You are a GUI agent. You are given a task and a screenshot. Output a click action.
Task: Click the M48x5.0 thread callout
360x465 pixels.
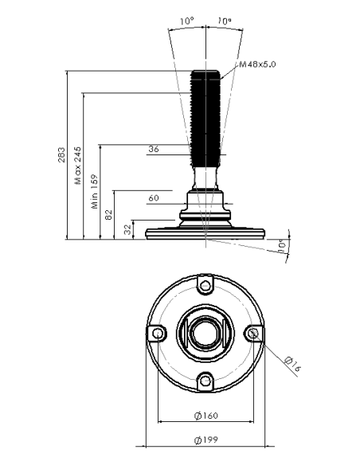point(257,64)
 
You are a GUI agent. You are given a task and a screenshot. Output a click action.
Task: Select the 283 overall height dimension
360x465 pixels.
point(61,154)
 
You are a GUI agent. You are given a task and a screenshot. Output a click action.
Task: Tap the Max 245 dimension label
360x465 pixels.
point(78,165)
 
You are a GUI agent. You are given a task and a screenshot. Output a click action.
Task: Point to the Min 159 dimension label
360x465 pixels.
point(94,191)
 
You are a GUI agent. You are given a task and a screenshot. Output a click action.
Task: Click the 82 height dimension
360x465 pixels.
point(109,214)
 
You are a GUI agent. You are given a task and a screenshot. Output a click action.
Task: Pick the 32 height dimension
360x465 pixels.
point(127,229)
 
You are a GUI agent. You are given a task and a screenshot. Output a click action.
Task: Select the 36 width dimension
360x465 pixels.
point(154,149)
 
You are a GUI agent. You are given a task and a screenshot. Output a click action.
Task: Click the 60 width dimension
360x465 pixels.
point(154,197)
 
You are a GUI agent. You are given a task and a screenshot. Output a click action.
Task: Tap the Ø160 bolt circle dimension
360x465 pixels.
point(206,416)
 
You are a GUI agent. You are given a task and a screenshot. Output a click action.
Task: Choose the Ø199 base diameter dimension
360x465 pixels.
point(206,440)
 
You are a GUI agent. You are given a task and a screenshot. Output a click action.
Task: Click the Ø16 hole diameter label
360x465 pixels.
point(292,364)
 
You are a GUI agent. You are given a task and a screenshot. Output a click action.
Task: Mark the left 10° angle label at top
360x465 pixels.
point(187,21)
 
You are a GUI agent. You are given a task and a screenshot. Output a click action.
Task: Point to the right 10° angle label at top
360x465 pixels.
point(225,21)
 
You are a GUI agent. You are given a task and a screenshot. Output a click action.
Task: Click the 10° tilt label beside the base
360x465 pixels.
point(282,245)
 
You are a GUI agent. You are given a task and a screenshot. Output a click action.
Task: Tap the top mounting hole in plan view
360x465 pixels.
point(205,286)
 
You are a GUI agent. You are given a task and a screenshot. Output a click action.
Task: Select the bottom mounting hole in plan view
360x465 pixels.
point(205,381)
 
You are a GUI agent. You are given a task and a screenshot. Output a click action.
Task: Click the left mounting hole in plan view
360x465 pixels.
point(158,334)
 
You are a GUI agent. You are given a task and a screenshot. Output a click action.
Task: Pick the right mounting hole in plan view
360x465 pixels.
point(253,334)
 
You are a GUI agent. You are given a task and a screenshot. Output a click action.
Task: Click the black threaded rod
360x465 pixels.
point(205,119)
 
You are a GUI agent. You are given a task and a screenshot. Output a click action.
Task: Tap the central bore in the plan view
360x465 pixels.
point(205,334)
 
